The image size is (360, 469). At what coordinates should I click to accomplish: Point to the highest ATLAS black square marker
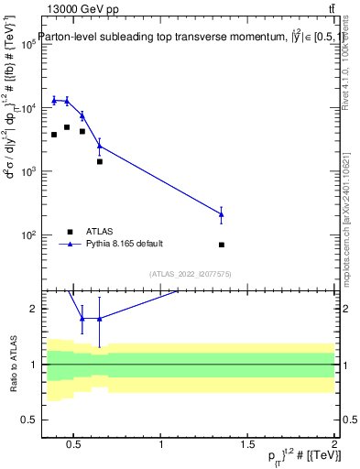point(67,127)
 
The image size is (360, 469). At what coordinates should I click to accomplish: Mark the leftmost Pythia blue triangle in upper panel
point(54,100)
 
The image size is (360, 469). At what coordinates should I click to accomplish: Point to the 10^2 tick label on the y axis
point(27,235)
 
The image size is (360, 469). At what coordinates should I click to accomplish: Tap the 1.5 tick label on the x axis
point(247,446)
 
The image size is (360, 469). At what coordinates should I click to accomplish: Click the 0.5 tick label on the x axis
point(76,446)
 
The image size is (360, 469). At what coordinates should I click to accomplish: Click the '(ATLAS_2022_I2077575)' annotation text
point(190,273)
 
